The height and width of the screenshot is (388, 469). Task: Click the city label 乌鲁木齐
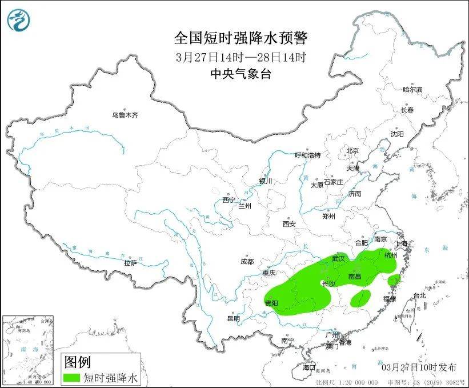coord(125,115)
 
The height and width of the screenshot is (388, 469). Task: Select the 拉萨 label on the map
coord(130,263)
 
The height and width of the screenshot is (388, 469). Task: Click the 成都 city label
coord(247,262)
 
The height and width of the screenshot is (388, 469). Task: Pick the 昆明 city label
coord(234,318)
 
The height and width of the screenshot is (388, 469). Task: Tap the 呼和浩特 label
coord(307,155)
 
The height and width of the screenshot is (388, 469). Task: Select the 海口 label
coord(309,366)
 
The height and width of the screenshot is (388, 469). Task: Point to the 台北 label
coord(419,295)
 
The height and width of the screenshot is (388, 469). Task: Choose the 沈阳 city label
coord(397,134)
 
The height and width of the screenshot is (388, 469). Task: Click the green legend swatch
coord(72,377)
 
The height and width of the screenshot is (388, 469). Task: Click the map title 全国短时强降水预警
coord(240,38)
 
